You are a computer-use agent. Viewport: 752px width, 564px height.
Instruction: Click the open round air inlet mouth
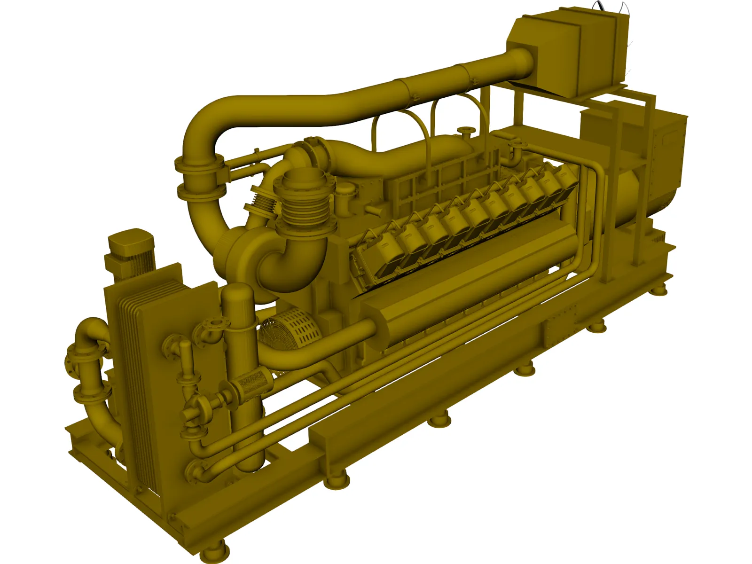[304, 180]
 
